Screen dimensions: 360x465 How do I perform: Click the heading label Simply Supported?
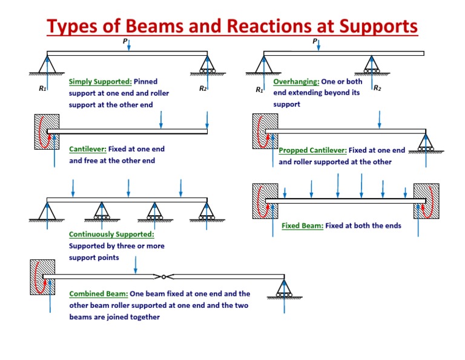pos(100,81)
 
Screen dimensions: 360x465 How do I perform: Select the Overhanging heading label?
pos(296,81)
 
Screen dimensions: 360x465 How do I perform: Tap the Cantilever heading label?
pos(88,148)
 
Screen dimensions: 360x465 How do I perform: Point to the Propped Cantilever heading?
pos(312,150)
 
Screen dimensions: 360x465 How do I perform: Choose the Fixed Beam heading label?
pos(302,226)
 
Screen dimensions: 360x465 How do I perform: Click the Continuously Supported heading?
pos(111,234)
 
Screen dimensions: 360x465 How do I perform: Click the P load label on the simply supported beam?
pos(125,42)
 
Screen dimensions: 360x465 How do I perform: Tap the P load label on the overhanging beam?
pos(314,42)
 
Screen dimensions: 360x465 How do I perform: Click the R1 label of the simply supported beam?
pos(42,89)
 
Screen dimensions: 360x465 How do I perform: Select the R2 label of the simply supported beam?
pos(203,88)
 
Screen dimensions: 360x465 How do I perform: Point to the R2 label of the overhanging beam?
pos(377,88)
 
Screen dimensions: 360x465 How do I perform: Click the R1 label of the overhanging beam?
pos(259,90)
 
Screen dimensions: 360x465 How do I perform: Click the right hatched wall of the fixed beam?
pos(426,201)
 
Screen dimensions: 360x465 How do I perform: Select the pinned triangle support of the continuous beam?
pos(47,210)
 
